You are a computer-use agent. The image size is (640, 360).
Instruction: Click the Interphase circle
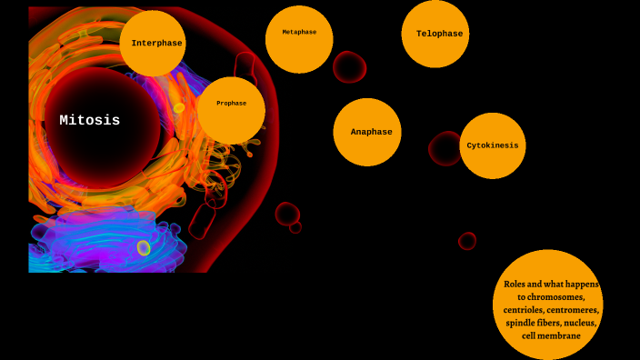coord(153,44)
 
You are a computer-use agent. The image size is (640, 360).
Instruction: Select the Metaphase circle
coord(299,39)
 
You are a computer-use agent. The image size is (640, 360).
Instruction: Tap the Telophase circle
coord(435,34)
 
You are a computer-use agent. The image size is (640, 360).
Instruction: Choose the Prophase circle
coord(231,110)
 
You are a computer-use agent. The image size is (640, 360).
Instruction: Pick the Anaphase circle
coord(367,132)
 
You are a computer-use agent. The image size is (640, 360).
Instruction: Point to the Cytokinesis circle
coord(493,145)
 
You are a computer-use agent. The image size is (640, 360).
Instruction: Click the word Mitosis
coord(90,120)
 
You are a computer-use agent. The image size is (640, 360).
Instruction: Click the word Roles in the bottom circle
coord(516,285)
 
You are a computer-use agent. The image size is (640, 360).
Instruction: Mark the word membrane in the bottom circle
coord(563,335)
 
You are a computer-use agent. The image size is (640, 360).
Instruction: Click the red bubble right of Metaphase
coord(349,66)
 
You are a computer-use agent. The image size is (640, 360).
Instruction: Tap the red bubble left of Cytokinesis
coord(445,149)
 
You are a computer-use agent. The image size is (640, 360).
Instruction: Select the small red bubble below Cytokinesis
coord(467,241)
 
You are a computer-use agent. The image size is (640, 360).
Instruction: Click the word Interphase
coord(156,43)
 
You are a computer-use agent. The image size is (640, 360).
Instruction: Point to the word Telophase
coord(439,34)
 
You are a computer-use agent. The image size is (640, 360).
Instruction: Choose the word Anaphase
coord(371,132)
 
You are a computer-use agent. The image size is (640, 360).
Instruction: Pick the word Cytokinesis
coord(493,145)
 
